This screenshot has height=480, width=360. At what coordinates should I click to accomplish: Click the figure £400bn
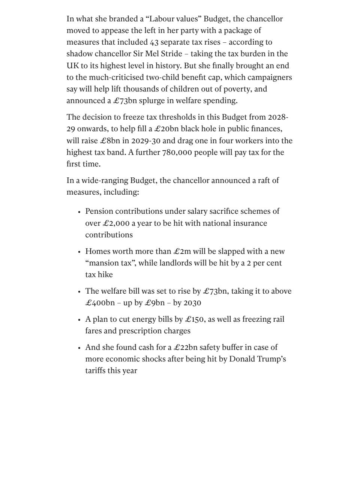[100, 303]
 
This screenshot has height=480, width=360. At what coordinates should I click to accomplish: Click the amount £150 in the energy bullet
[194, 319]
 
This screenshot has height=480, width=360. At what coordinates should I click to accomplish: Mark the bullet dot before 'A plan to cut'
[79, 320]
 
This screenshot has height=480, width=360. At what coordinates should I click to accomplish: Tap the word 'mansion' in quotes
[102, 263]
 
